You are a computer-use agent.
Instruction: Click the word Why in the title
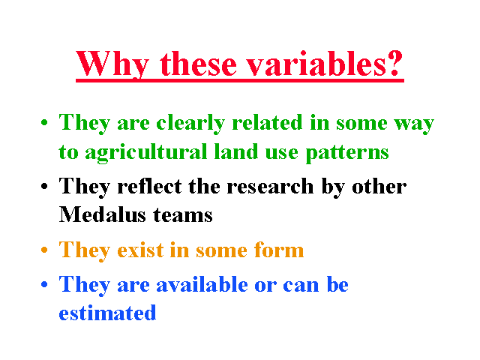pos(112,64)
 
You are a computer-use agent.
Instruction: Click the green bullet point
pos(44,123)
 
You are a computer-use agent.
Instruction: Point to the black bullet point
pos(44,186)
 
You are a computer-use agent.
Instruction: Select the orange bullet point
pos(44,250)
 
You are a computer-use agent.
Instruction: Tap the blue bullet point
pos(44,284)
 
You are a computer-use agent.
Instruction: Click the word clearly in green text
pos(190,124)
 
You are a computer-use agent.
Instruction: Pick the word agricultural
pos(146,152)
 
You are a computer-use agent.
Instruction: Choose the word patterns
pos(347,152)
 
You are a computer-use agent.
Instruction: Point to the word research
pos(270,186)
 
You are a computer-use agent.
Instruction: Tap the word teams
pos(183,215)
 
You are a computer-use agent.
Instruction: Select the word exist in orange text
pos(140,250)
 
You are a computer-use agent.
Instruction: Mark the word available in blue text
pos(202,284)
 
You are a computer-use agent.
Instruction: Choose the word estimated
pos(107,313)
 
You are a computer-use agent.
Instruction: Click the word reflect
pos(149,186)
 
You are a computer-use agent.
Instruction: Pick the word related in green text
pos(267,122)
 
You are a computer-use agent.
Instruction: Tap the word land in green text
pos(236,151)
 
